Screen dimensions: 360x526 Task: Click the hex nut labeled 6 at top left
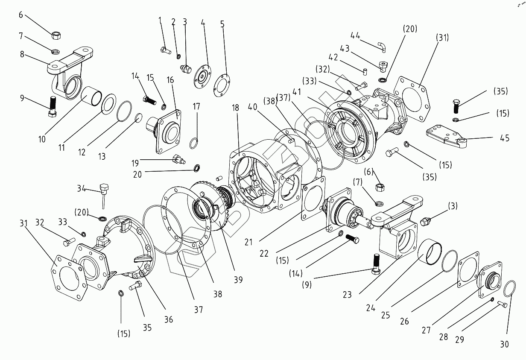56,34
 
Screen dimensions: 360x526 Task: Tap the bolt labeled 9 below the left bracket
53,107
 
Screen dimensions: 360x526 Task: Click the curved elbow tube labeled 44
381,46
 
